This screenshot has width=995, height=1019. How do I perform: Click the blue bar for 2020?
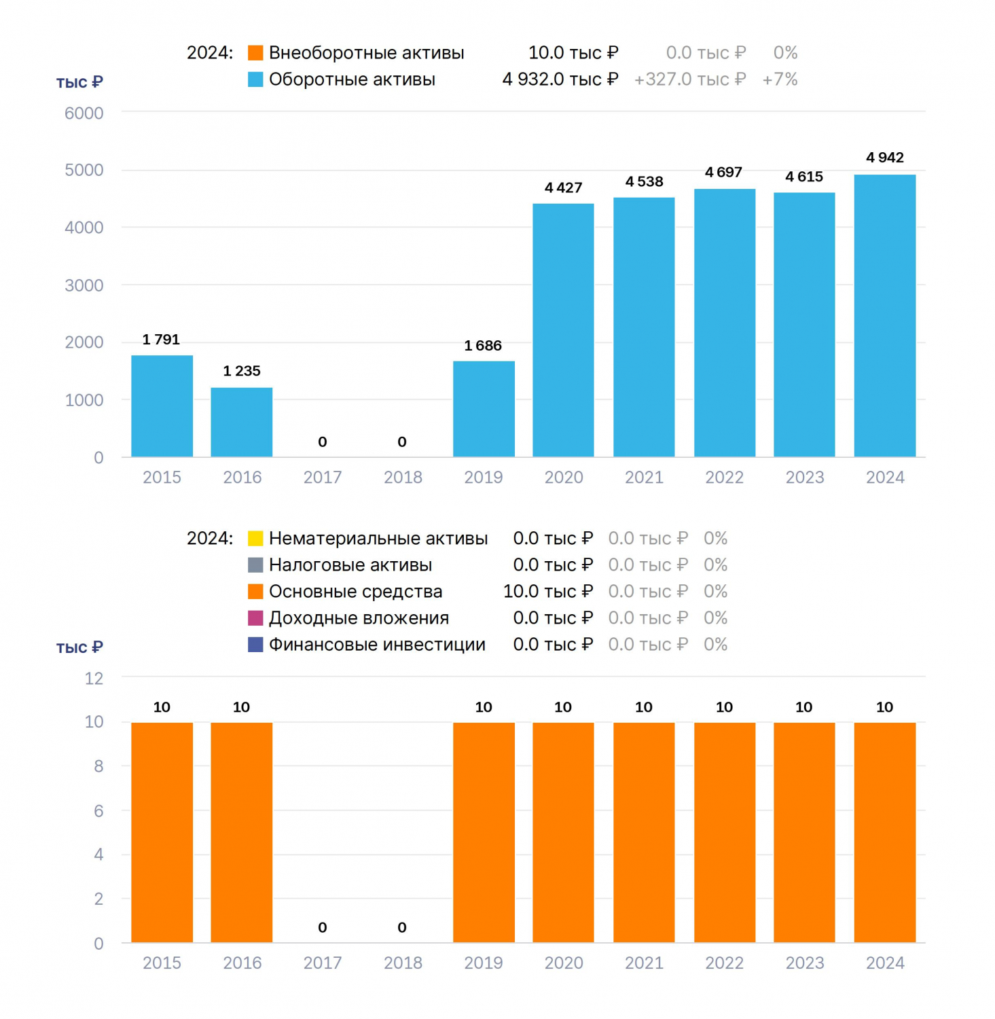[563, 330]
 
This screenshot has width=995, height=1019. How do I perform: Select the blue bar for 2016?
[242, 422]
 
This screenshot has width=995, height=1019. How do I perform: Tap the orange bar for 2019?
[484, 832]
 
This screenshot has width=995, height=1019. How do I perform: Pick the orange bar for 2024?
[885, 832]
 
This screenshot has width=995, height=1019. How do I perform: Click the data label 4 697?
[723, 172]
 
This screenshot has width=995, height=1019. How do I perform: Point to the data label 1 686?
[483, 345]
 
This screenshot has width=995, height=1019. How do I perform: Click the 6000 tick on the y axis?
[84, 113]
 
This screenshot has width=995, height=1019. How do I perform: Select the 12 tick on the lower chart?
[94, 678]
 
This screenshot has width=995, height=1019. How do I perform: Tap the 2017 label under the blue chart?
[323, 477]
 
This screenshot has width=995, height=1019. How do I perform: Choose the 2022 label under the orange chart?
[724, 963]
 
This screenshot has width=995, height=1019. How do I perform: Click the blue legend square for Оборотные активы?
[255, 79]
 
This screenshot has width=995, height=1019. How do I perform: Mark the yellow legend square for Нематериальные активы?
[255, 539]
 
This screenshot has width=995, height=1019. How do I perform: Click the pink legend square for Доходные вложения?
[255, 618]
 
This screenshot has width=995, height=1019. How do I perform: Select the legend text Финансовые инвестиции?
[377, 645]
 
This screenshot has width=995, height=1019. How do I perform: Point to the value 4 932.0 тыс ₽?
[560, 79]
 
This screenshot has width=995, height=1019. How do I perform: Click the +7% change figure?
[780, 79]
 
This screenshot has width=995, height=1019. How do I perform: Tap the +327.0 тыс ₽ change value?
[690, 79]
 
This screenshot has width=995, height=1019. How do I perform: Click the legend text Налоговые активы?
[350, 565]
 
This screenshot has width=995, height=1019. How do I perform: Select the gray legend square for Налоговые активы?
[255, 565]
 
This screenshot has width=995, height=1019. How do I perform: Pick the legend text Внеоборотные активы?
[367, 53]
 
